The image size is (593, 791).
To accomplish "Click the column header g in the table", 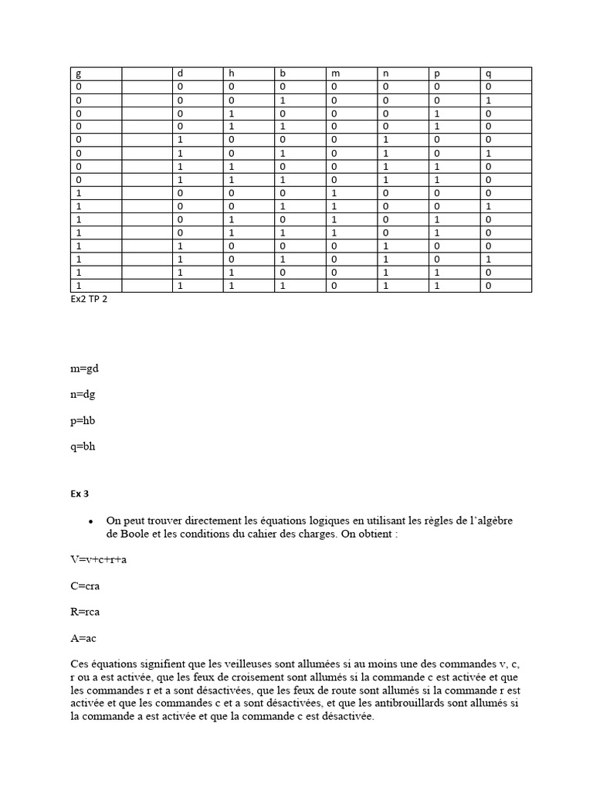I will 78,73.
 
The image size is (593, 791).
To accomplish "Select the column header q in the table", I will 488,73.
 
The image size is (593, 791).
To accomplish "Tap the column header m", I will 335,73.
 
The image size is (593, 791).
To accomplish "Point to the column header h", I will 231,73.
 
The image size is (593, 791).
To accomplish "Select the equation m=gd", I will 84,368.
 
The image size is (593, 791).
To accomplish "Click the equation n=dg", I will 83,394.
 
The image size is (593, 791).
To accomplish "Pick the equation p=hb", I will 83,420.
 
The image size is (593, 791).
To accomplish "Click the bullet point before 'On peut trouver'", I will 91,521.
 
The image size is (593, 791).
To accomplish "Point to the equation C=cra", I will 84,586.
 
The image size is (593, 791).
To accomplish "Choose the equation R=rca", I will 85,612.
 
